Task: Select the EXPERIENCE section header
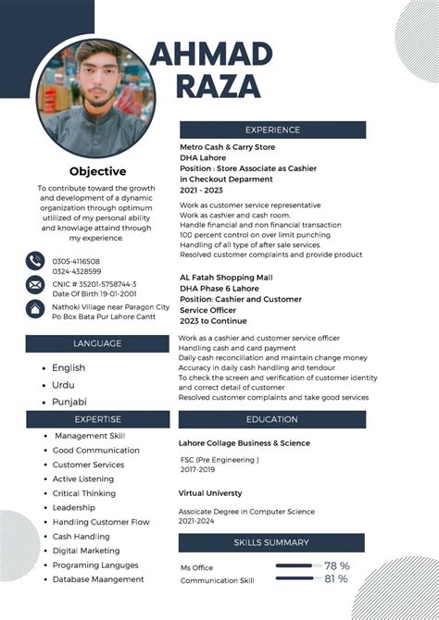click(272, 130)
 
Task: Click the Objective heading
click(97, 171)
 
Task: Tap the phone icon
click(35, 261)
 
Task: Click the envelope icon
click(35, 284)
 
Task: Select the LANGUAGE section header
click(97, 343)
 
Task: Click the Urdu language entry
click(64, 385)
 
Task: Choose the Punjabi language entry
click(69, 402)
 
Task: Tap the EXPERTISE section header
click(97, 419)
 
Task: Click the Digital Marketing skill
click(86, 551)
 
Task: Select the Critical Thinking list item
click(84, 493)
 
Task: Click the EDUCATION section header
click(272, 419)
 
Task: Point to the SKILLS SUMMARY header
click(271, 542)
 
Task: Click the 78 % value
click(336, 565)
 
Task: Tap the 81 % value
click(336, 579)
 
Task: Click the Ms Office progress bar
click(295, 565)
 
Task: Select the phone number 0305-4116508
click(76, 262)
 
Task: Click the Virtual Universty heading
click(210, 493)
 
